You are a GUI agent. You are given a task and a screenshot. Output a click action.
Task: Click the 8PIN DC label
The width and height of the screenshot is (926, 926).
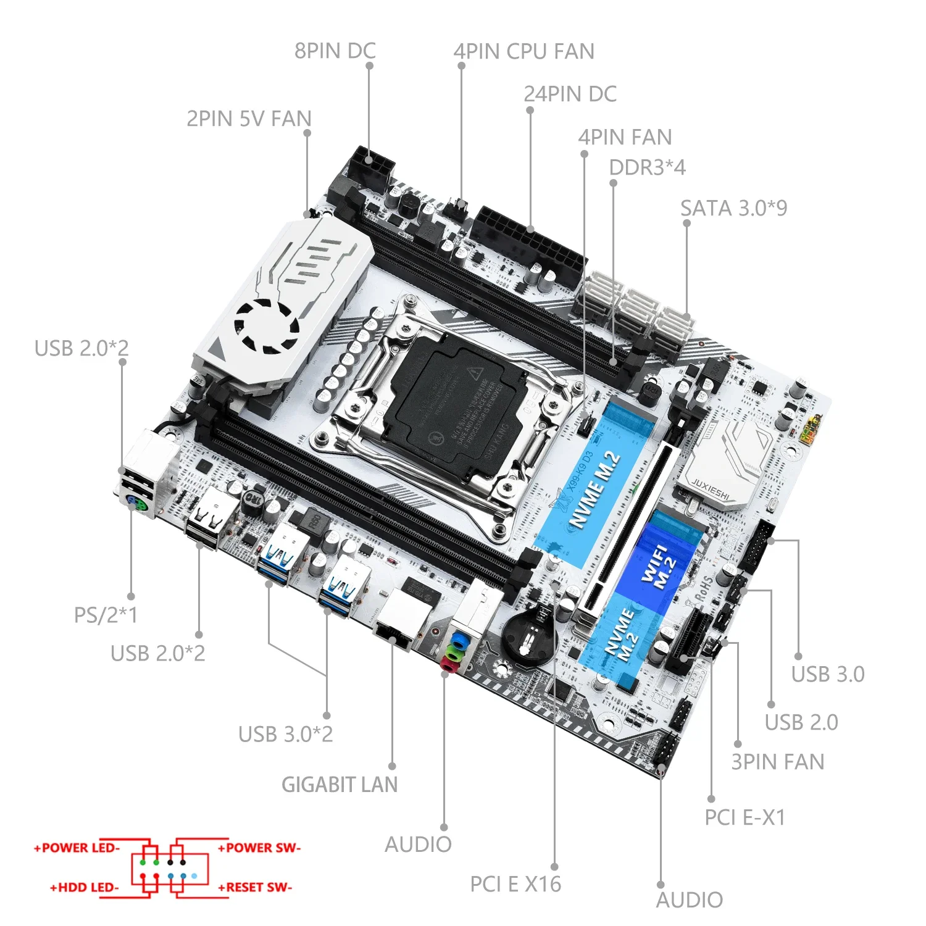(335, 51)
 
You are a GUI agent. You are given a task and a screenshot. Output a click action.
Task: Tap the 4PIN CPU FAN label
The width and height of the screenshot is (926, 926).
(523, 52)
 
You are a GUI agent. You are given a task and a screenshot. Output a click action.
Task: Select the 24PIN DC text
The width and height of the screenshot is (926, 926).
(570, 94)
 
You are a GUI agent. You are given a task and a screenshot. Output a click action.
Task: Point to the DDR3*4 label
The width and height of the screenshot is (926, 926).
(647, 167)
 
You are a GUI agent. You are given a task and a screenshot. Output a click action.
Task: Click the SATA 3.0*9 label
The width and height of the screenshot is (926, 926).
(733, 209)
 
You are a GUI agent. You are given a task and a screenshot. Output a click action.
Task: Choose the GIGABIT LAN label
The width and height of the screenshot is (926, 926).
(340, 785)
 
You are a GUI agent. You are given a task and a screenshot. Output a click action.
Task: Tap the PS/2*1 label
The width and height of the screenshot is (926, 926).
(106, 615)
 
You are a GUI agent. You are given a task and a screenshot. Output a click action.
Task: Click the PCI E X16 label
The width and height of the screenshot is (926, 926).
(515, 884)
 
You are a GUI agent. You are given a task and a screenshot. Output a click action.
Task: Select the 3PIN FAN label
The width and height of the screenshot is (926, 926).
(777, 762)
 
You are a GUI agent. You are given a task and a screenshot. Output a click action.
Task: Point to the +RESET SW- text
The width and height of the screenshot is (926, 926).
(255, 887)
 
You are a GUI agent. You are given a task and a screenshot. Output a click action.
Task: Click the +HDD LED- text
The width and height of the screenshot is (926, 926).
(85, 887)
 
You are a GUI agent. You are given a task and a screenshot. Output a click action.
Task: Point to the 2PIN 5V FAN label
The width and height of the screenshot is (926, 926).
(249, 119)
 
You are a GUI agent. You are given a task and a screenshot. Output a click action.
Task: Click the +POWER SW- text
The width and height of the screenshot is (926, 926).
(259, 848)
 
